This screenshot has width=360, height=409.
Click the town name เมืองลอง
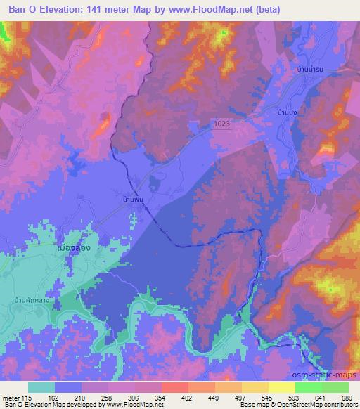coord(73,249)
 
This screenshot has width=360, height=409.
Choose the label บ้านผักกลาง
coord(35,300)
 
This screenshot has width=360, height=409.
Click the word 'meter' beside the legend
coord(11,397)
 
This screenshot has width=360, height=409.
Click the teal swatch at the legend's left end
coord(41,387)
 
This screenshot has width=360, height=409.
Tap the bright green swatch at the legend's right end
coord(335,387)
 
